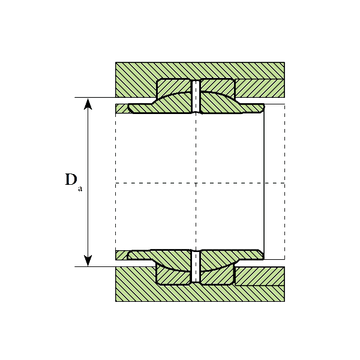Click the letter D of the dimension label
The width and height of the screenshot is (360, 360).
tap(71, 179)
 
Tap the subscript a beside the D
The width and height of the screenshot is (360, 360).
tap(80, 188)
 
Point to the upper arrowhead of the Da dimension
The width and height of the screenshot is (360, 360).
tap(88, 103)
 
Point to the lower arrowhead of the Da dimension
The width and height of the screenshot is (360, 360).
tap(88, 260)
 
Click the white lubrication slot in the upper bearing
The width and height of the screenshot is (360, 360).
tap(195, 96)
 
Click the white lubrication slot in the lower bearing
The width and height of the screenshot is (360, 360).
tap(195, 267)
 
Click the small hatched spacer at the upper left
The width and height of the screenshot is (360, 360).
tap(121, 109)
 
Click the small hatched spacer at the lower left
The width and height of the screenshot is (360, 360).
tap(121, 255)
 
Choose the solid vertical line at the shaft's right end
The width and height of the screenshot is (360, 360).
tap(264, 180)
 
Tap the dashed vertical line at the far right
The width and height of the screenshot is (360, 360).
tap(284, 180)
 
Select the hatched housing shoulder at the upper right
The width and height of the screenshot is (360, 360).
tap(259, 88)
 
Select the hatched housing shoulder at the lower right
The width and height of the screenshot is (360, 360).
tap(259, 275)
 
